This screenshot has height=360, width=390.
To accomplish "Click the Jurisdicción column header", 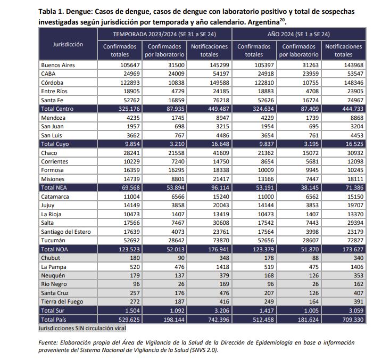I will [x=68, y=45].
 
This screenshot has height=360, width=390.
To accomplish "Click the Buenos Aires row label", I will [x=58, y=65].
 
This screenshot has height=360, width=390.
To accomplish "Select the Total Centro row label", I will [x=57, y=109].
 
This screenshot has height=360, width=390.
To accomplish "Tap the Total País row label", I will [x=55, y=319].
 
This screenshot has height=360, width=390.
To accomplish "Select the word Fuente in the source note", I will [x=48, y=342].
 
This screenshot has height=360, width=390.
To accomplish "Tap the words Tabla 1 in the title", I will [x=52, y=11].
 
